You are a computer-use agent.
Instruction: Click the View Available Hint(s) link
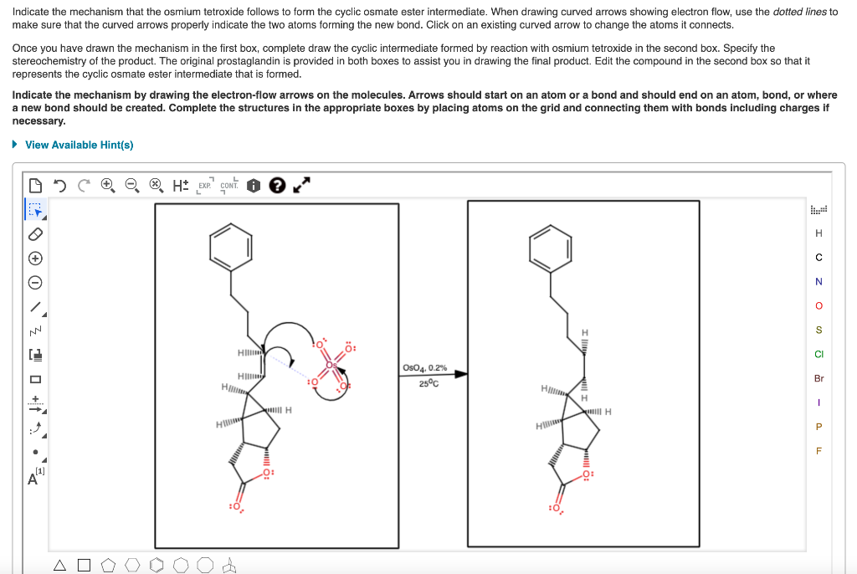79,145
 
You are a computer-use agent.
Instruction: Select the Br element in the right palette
819,378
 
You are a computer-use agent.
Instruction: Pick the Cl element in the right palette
819,354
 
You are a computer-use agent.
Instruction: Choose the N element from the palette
819,281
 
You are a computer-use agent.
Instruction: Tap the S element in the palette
819,330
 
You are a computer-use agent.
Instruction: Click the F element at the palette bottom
819,451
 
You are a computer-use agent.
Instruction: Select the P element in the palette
819,427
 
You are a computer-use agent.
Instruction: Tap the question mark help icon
277,184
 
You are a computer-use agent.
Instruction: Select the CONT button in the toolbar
228,185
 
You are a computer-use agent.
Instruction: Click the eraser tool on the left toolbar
34,233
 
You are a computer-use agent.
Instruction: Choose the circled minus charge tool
34,282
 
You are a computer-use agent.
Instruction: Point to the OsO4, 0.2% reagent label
424,367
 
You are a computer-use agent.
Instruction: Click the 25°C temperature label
426,383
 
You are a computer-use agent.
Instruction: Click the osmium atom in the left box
332,364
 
